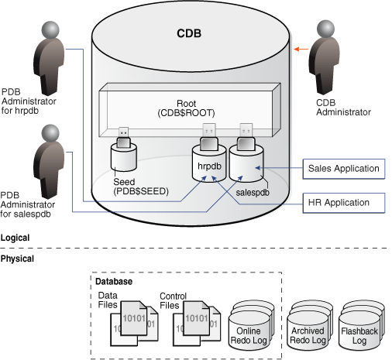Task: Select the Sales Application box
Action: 343,168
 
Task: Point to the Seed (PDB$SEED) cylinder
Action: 127,163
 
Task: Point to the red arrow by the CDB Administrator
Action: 297,48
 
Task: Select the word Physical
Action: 17,258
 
